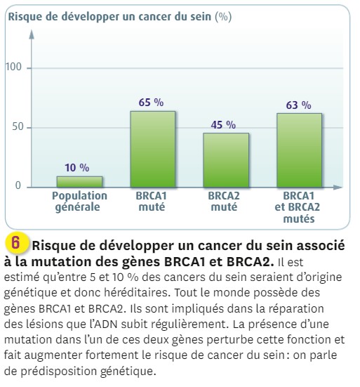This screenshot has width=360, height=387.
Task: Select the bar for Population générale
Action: pos(79,182)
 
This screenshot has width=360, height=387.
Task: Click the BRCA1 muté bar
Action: pos(153,150)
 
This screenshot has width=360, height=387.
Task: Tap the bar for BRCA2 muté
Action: pos(226,160)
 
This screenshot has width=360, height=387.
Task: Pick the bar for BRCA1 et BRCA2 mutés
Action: pos(299,150)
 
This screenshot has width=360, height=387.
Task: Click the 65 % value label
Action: pos(151,102)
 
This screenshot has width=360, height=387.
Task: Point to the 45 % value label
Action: pos(223,124)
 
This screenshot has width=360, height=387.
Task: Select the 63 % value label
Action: pos(298,105)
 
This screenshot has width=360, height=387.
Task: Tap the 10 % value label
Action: pos(77,168)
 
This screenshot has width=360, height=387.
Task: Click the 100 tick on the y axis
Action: pos(13,67)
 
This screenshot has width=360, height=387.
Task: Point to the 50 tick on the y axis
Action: pos(18,126)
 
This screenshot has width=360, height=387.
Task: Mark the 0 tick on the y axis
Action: pos(18,185)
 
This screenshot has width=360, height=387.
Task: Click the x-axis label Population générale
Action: pos(79,202)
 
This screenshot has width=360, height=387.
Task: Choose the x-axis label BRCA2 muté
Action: pos(224,202)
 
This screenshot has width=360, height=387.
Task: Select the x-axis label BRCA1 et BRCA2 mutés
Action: pos(298,207)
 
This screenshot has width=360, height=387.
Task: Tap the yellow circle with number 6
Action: pos(16,242)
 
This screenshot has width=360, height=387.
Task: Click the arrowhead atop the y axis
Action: pos(32,34)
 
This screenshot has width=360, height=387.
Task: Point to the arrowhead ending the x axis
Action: pos(338,188)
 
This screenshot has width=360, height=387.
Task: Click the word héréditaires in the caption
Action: pos(137,293)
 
